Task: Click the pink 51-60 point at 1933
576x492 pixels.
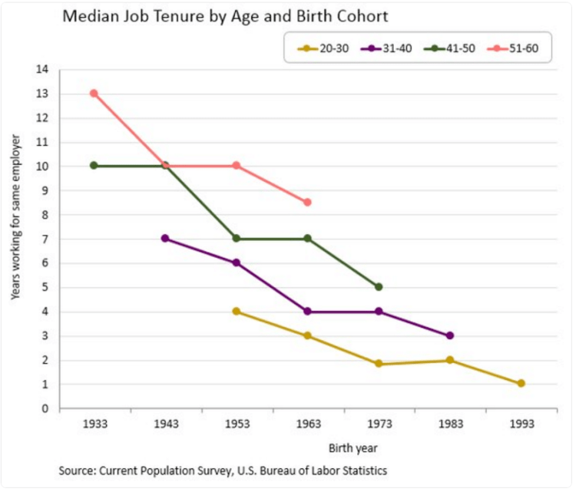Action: click(94, 94)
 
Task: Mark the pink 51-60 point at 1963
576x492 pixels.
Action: click(307, 202)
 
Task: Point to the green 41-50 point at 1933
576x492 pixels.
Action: click(94, 166)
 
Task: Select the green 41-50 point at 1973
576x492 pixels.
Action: click(379, 287)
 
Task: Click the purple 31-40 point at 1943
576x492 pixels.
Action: click(165, 239)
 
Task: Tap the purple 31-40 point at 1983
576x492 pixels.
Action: click(450, 335)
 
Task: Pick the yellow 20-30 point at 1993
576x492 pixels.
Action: click(521, 383)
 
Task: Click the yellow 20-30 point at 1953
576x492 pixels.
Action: click(237, 312)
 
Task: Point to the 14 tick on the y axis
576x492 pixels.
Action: click(43, 70)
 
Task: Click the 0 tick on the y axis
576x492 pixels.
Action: click(45, 408)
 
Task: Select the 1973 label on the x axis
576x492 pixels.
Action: click(379, 424)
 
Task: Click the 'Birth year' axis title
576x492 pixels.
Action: click(353, 447)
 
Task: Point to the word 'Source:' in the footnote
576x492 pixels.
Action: click(75, 470)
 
